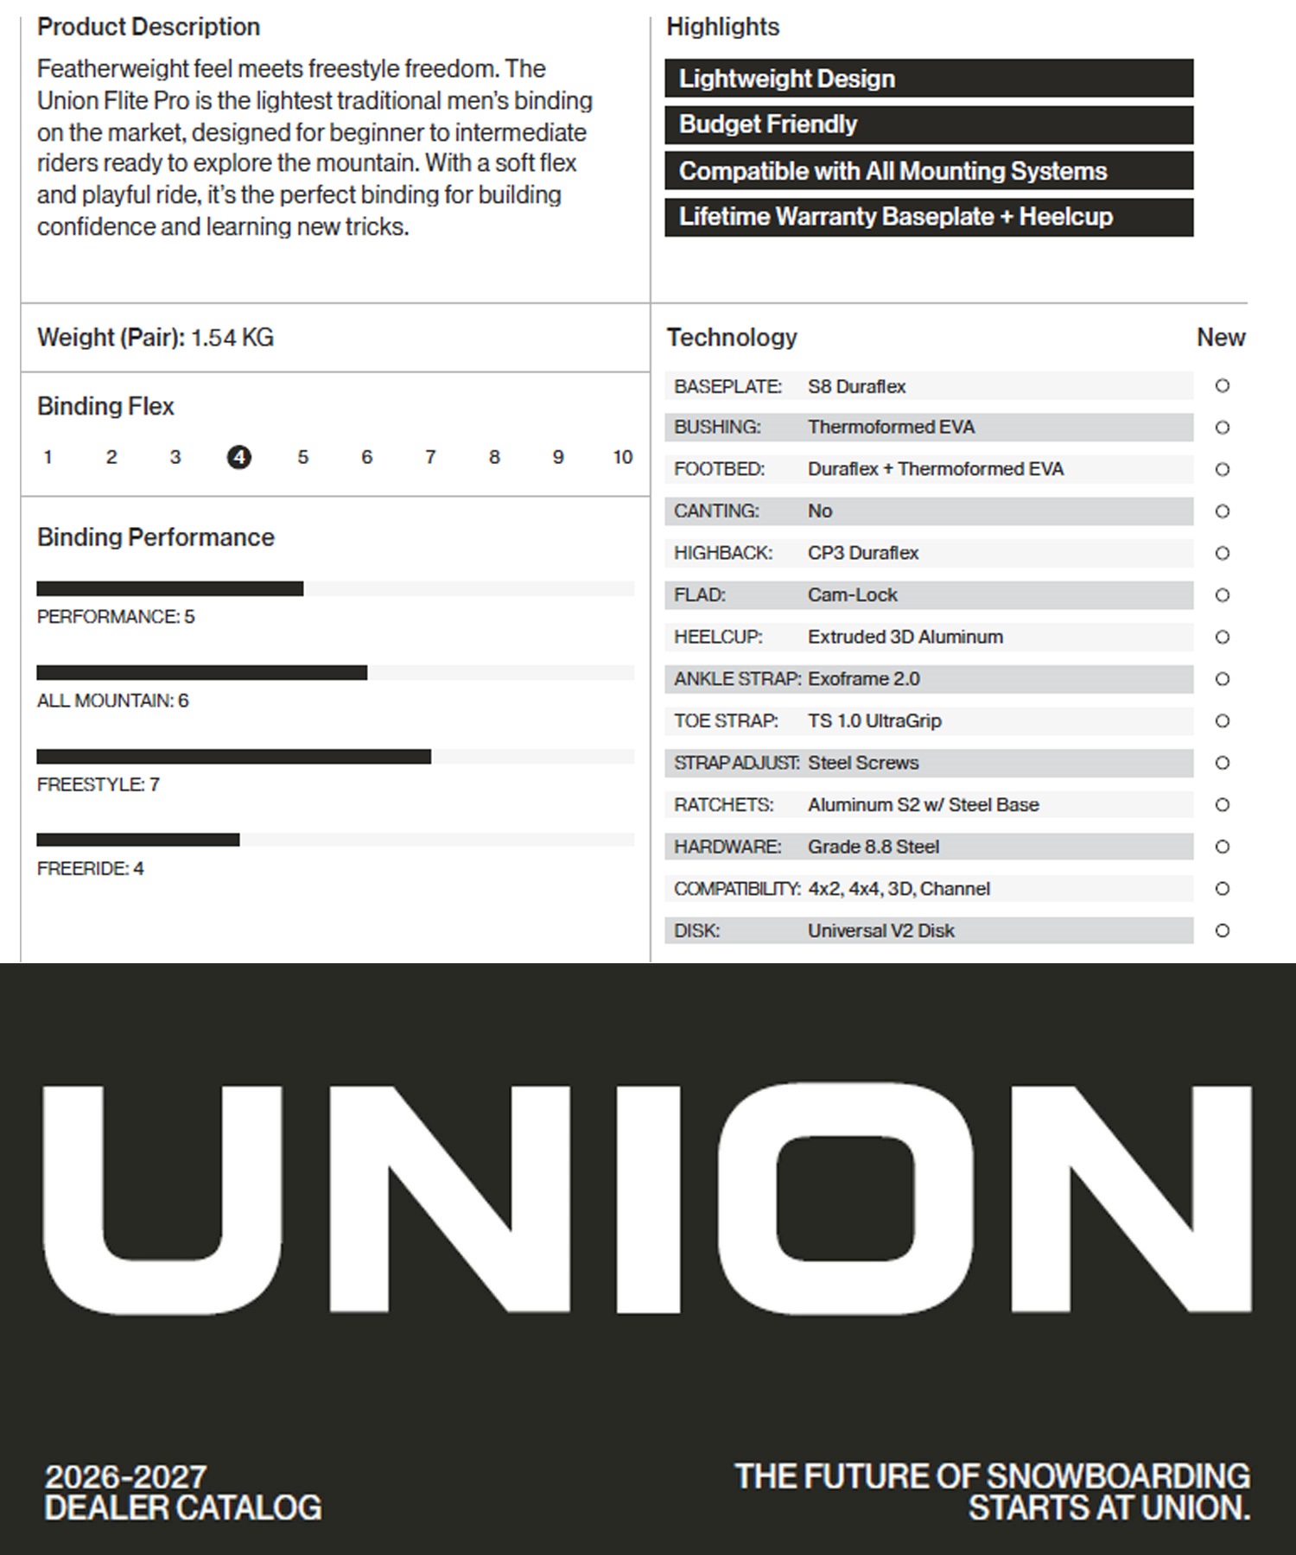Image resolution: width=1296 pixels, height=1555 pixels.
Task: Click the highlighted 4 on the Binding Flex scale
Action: tap(239, 457)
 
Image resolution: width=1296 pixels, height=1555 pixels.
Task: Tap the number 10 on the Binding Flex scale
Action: tap(623, 457)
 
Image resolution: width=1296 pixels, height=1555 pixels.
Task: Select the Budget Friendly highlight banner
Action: tap(929, 124)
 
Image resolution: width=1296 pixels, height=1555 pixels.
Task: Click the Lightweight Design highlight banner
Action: tap(929, 79)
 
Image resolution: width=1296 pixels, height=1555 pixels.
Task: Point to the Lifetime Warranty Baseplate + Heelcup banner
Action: tap(929, 217)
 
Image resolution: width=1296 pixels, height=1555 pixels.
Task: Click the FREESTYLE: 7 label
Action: tap(98, 784)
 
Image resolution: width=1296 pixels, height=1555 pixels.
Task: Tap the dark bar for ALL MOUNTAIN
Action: tap(201, 673)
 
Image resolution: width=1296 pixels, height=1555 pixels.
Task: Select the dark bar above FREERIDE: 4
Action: tap(138, 840)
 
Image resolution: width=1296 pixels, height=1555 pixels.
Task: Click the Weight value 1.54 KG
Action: tap(232, 338)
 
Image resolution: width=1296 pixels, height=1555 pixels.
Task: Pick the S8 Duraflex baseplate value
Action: tap(856, 386)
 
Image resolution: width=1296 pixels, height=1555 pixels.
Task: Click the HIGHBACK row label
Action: tap(723, 553)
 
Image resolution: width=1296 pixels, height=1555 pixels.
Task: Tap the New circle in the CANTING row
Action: tap(1222, 511)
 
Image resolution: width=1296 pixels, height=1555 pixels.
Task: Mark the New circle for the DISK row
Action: tap(1222, 930)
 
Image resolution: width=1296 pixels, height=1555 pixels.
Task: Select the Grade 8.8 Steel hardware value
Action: tap(874, 847)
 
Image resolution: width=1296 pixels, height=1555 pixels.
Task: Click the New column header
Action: tap(1220, 338)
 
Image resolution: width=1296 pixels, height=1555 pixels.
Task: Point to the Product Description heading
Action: tap(149, 27)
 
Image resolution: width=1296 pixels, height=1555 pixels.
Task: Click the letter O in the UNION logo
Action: tap(845, 1198)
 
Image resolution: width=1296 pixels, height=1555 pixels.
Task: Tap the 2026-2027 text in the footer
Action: tap(126, 1476)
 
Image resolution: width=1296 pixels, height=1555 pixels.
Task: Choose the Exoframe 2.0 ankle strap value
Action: tap(864, 679)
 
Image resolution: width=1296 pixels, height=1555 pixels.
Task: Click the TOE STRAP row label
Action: tap(726, 720)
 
